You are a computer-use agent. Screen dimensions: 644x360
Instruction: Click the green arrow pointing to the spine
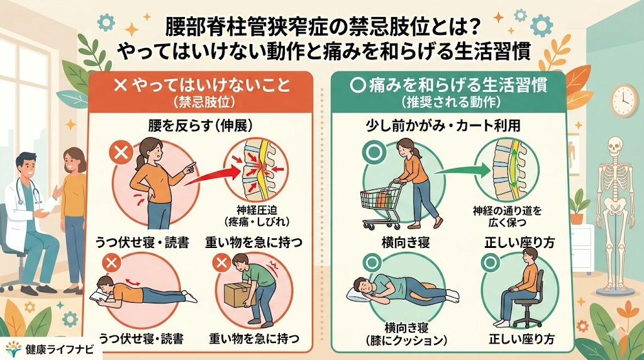(461, 169)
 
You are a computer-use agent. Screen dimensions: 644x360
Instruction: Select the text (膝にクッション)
(407, 340)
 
